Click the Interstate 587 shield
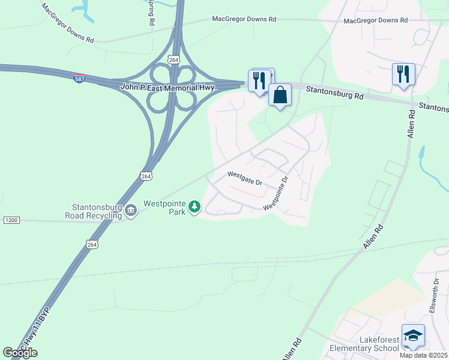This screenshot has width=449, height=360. [x=79, y=79]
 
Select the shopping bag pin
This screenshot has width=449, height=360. [x=280, y=95]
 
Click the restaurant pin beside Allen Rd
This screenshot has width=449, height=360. [x=403, y=74]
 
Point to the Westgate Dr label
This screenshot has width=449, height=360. [x=245, y=178]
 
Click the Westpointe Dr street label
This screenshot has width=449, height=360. [x=277, y=193]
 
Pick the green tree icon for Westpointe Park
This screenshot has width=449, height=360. [x=194, y=207]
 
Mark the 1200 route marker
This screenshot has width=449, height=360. [x=11, y=220]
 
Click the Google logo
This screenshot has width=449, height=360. [x=20, y=353]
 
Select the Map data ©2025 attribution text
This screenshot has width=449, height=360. [x=424, y=355]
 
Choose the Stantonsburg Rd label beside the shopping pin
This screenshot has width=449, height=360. [x=334, y=95]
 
